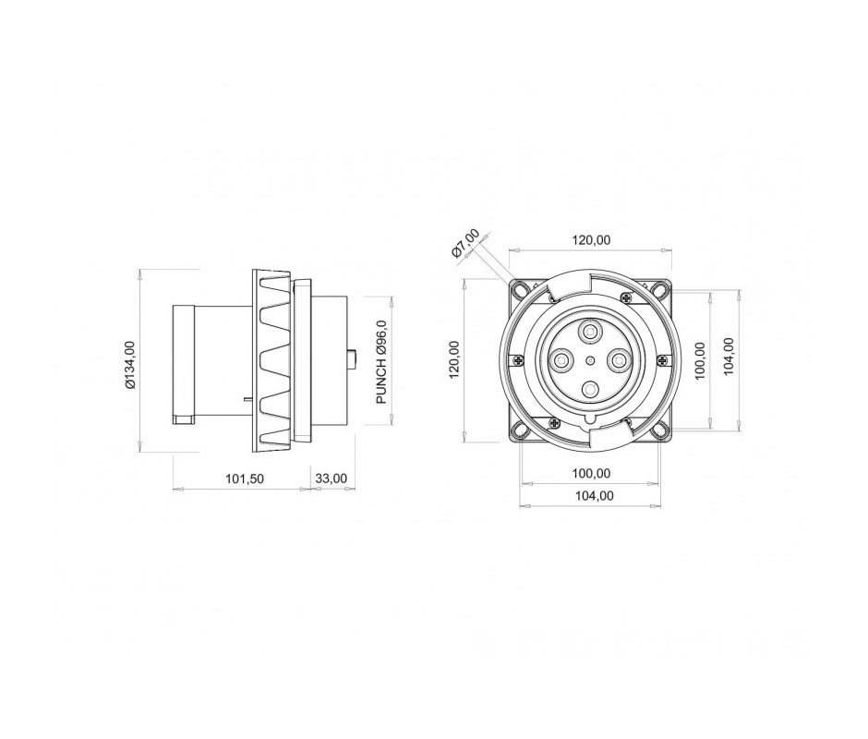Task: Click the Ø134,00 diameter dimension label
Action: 130,365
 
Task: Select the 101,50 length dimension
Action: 244,479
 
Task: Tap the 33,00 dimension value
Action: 331,479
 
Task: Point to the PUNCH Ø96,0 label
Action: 381,362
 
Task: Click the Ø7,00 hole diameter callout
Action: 465,244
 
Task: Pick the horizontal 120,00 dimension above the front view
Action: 591,240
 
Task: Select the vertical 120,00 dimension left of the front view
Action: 454,359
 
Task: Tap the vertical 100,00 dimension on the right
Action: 700,360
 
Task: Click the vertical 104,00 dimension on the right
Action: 729,357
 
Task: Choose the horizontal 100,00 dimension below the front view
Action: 591,474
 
